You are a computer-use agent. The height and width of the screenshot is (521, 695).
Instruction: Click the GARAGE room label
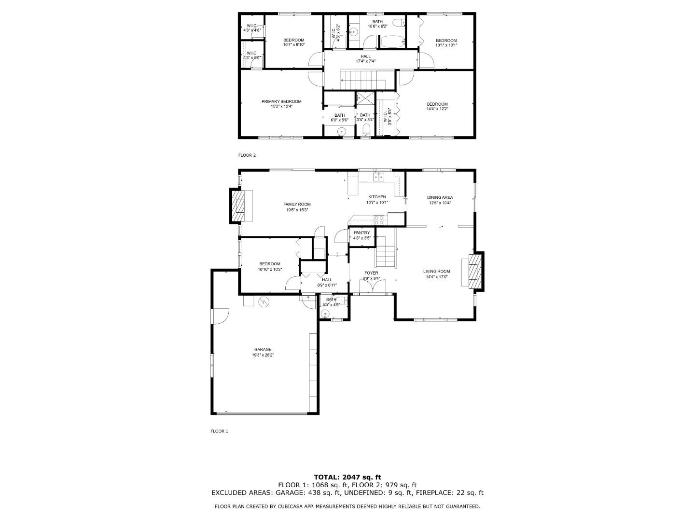point(263,349)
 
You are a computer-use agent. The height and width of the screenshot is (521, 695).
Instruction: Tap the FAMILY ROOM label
point(297,204)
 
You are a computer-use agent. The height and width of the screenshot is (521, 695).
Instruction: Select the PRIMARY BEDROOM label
point(281,101)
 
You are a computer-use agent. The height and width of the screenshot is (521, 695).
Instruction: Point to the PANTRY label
point(361,233)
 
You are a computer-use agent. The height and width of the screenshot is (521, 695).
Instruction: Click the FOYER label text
point(371,273)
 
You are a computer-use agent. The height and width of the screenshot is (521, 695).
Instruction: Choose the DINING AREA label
point(440,197)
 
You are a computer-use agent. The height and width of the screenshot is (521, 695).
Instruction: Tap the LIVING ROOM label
point(437,271)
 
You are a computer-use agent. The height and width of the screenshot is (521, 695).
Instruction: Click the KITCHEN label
point(377,197)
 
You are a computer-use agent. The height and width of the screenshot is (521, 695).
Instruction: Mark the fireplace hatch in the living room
point(475,271)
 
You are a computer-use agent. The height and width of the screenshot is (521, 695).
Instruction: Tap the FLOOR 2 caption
point(247,155)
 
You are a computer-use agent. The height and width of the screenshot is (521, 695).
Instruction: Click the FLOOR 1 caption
point(219,431)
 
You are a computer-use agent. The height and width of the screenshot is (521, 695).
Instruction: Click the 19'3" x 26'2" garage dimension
point(263,355)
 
